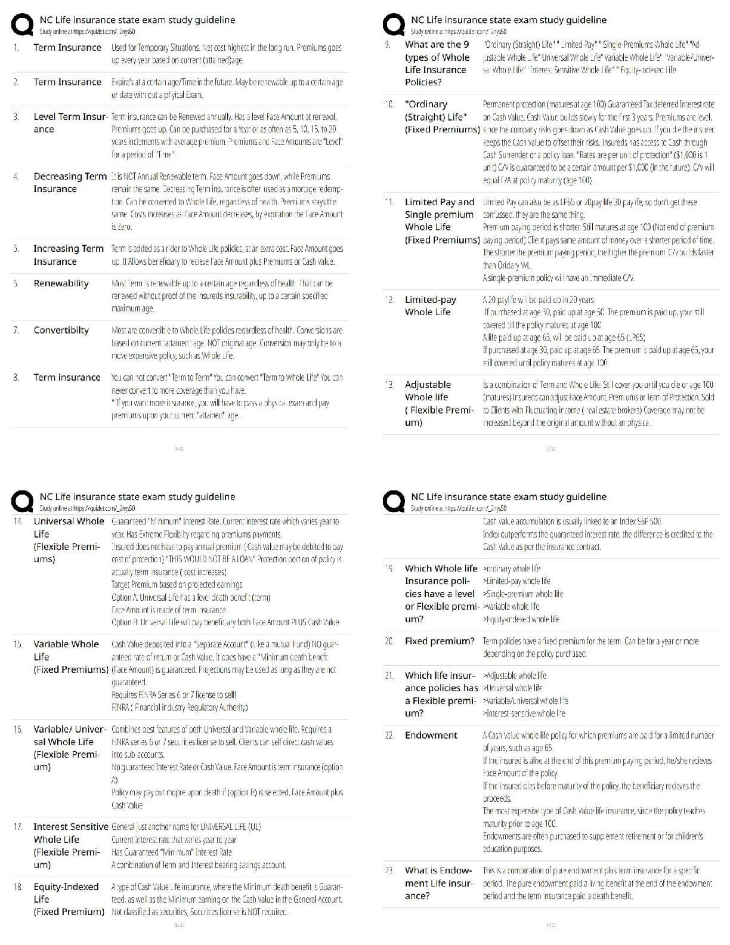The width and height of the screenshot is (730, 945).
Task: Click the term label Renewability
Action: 61,283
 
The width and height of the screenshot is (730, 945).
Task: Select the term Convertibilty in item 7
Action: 61,330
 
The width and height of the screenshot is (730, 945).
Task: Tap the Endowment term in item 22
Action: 431,735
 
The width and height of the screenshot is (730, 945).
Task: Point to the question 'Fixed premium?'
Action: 440,641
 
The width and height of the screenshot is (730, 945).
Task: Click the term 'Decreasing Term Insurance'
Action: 70,183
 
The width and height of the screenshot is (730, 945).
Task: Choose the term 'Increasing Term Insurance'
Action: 68,255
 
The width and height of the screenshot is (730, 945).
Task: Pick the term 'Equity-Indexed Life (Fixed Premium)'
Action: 69,899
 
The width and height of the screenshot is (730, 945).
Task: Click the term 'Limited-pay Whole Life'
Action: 430,306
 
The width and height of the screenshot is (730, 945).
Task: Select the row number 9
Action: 388,45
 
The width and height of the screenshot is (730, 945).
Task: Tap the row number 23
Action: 389,870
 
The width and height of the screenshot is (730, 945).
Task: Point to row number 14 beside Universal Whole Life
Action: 18,521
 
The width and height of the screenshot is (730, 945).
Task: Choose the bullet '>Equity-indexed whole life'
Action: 521,619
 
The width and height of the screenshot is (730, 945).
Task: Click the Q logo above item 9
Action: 394,25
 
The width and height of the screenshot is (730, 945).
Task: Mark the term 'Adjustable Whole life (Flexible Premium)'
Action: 439,403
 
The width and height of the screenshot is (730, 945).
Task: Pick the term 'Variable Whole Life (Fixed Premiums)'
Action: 70,657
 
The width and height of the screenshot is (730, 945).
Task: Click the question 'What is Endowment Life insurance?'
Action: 438,883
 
